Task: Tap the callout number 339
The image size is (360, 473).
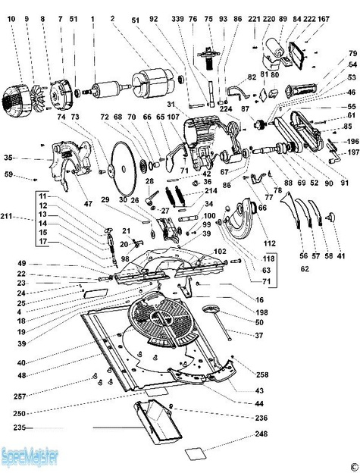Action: [x=177, y=17]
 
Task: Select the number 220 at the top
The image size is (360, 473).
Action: [x=268, y=17]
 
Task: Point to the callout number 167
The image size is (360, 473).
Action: [x=324, y=17]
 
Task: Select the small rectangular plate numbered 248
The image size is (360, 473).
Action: [x=196, y=453]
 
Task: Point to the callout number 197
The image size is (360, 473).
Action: [x=352, y=152]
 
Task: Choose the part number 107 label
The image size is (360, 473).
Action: [x=173, y=117]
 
